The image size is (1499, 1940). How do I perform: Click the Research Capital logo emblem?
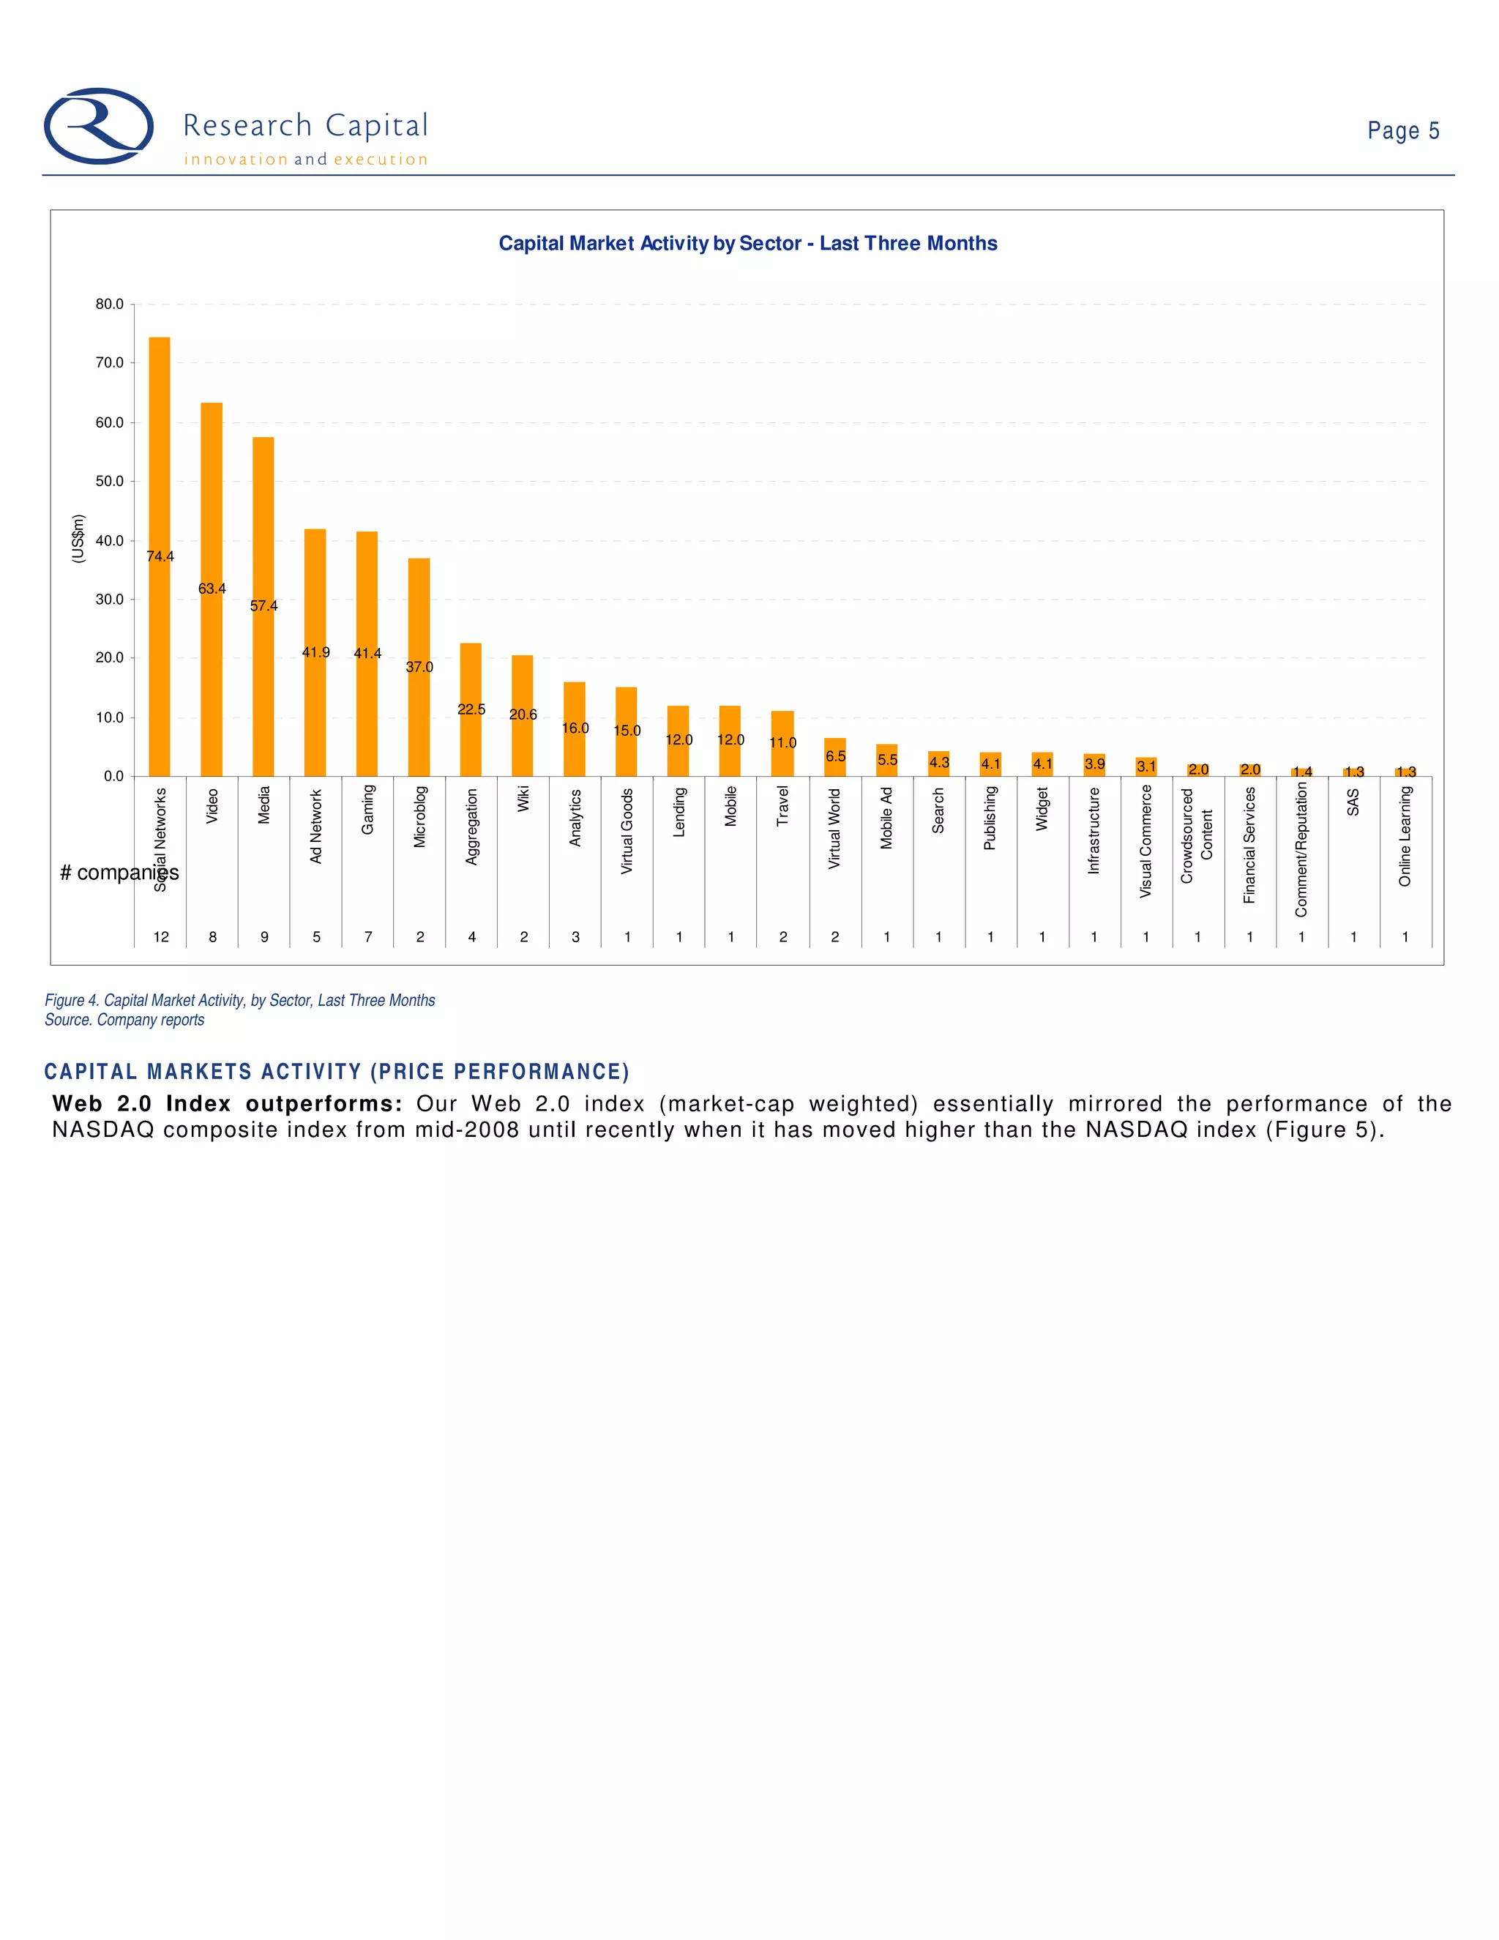[99, 126]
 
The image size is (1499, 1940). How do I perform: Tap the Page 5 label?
[1402, 132]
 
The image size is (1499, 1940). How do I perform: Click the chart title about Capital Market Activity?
[748, 243]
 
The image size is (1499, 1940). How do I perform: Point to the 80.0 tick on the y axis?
[110, 305]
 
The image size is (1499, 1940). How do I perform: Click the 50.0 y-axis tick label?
[110, 482]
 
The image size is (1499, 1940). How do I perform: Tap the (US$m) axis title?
[78, 538]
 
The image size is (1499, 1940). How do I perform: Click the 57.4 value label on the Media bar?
[263, 606]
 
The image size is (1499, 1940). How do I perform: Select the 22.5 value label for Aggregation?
[471, 709]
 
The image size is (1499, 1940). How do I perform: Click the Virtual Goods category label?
[627, 831]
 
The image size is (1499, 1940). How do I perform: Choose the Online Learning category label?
[1405, 836]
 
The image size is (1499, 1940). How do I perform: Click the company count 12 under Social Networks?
[161, 936]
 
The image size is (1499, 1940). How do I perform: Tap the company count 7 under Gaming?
[367, 936]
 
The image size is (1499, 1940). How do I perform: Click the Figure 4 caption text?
[240, 1000]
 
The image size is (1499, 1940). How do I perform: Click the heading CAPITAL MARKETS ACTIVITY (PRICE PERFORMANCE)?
[337, 1072]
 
